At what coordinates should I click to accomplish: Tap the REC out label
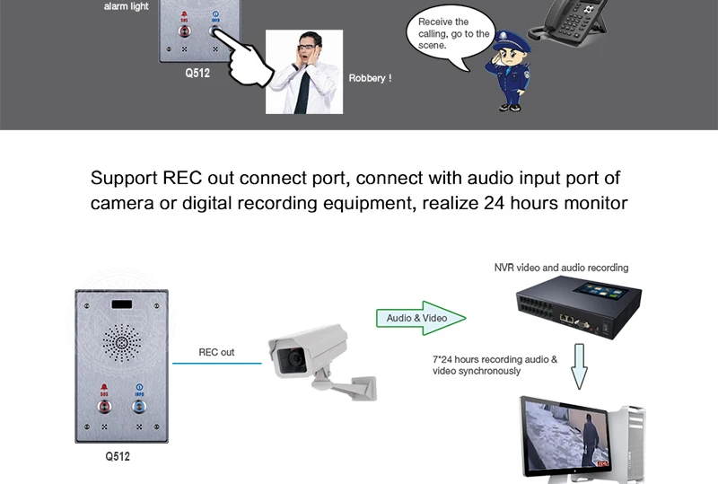215,353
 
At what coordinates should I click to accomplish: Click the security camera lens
293,360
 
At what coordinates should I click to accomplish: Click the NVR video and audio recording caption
561,268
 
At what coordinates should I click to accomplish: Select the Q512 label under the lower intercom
118,456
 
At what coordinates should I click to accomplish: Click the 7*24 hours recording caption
495,365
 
